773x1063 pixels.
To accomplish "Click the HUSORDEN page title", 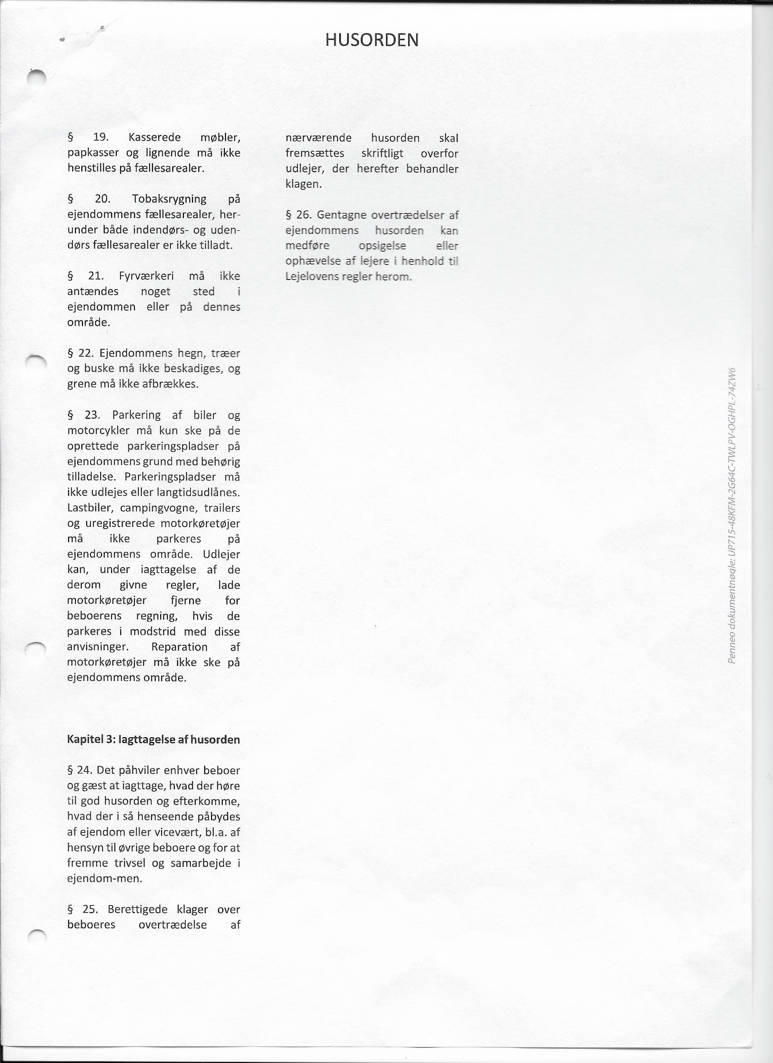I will [x=372, y=40].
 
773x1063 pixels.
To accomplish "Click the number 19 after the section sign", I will [x=100, y=138].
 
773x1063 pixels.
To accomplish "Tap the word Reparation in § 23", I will [x=179, y=647].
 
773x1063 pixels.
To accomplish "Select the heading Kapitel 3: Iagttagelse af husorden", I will [x=154, y=739].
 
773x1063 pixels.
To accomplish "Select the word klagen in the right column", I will [x=303, y=184].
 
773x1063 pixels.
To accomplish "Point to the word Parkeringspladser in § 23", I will [x=170, y=477].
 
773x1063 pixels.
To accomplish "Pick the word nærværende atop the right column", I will [x=318, y=138].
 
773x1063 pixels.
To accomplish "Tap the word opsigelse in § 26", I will [x=382, y=246].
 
